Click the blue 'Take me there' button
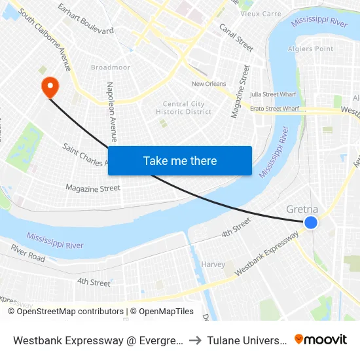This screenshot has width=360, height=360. [180, 160]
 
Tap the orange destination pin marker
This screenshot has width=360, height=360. [50, 87]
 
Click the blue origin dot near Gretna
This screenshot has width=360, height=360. [311, 223]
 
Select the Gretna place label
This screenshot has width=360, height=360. [302, 209]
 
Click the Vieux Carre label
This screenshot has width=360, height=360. [261, 13]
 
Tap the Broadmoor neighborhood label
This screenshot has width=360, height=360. [110, 67]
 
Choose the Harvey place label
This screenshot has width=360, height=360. [213, 265]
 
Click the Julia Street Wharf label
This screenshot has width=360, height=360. [274, 94]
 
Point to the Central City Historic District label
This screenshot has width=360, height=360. [184, 108]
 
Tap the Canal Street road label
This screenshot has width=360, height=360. [236, 37]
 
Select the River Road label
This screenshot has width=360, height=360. [28, 253]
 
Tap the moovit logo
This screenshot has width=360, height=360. [321, 340]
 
